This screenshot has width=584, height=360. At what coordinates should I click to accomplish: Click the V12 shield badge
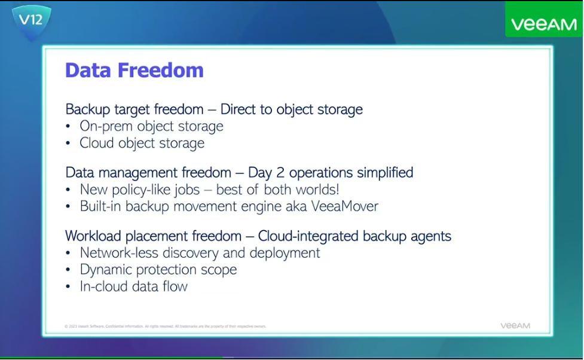pos(31,22)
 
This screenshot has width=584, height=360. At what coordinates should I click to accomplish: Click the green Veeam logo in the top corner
pos(543,25)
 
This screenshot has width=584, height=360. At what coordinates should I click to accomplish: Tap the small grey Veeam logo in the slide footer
pos(515,326)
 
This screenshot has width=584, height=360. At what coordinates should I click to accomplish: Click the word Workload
pos(93,236)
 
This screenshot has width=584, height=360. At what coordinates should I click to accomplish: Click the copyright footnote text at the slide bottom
pos(165,327)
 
